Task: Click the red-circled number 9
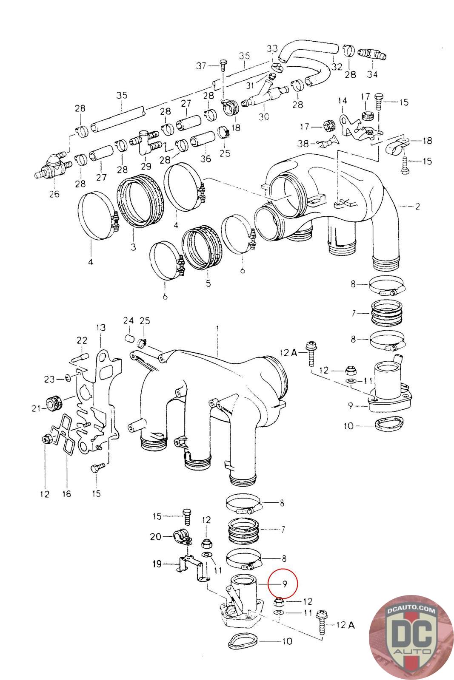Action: pos(284,584)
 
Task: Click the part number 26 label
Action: pos(54,194)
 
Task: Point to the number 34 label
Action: pos(372,74)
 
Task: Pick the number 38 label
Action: pos(303,143)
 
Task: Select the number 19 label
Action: pos(157,564)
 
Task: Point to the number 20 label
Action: pos(155,537)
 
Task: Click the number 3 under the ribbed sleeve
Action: pos(134,247)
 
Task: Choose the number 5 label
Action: pos(208,283)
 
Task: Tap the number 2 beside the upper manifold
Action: pos(417,207)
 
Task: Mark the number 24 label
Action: pos(128,320)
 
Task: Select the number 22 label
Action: pos(82,340)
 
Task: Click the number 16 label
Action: pos(66,494)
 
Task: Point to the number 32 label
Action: pos(337,66)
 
